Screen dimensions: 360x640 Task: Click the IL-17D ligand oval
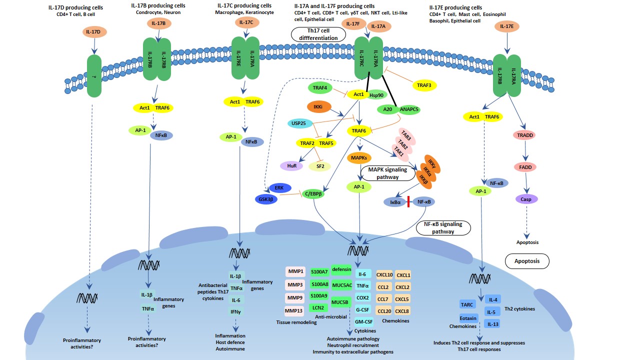[92, 32]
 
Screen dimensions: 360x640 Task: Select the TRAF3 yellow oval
[423, 85]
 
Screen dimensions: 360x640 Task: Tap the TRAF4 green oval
[320, 88]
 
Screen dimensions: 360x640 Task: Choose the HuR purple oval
[293, 165]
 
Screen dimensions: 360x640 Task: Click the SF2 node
[320, 166]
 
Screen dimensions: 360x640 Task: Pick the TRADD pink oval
[525, 135]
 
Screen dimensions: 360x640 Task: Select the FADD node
[525, 167]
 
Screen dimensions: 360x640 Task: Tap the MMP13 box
[294, 311]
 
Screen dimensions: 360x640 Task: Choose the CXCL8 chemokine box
[402, 311]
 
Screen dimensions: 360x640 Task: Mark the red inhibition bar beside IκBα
[408, 201]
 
